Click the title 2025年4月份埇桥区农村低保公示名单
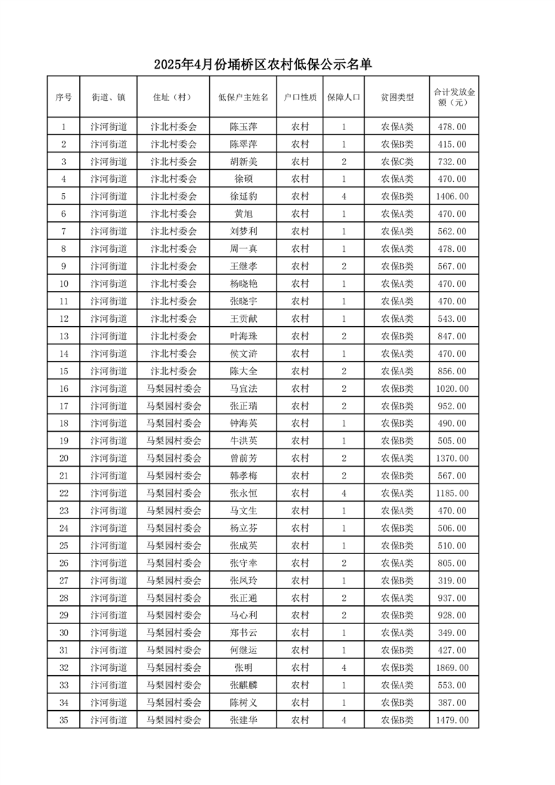click(262, 65)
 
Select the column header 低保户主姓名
click(243, 97)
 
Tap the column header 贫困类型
click(397, 97)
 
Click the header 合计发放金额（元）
click(454, 97)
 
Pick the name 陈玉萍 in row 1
click(243, 127)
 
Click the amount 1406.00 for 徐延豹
click(454, 197)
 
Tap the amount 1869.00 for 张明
click(454, 667)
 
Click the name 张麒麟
click(243, 685)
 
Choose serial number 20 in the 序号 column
click(64, 458)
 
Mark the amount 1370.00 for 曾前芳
click(454, 458)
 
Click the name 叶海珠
click(243, 337)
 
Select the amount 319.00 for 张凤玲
click(454, 580)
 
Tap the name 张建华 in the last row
click(243, 720)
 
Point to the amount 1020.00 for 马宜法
click(454, 388)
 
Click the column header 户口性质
click(300, 97)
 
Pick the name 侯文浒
click(243, 354)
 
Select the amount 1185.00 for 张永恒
click(454, 493)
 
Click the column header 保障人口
click(344, 97)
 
